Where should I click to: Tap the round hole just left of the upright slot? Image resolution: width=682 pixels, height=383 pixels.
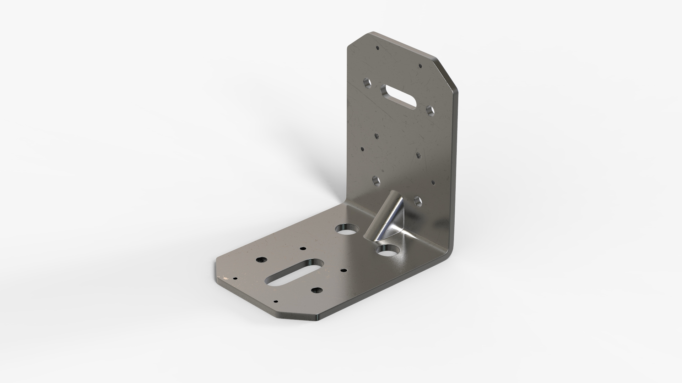[x=367, y=83]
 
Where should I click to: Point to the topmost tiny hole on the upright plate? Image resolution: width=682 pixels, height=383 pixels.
[x=378, y=47]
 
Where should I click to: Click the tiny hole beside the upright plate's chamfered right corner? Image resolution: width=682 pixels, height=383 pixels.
[x=420, y=66]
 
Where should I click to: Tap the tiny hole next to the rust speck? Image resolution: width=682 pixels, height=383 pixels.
[x=235, y=279]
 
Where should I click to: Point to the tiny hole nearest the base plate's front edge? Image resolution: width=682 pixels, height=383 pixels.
[x=276, y=302]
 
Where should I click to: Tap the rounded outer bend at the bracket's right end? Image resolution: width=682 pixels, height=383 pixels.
[x=452, y=248]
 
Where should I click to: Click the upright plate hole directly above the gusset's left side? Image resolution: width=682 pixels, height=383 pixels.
[x=375, y=180]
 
